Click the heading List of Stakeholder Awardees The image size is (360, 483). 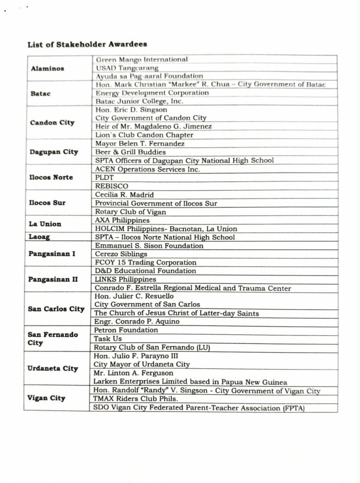(87, 44)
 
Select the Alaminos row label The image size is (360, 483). (47, 68)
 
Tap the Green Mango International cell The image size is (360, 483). (141, 59)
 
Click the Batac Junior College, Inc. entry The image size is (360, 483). (139, 101)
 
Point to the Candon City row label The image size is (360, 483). (52, 123)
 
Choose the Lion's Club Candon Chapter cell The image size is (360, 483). (138, 135)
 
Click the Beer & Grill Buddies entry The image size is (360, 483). (131, 152)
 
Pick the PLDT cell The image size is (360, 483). (104, 178)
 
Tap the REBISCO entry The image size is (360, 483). (111, 186)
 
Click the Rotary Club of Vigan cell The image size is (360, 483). (131, 212)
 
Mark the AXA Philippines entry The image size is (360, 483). (122, 220)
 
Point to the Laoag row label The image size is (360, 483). (39, 237)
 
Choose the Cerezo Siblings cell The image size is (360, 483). (121, 254)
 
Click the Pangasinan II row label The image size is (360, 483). (53, 279)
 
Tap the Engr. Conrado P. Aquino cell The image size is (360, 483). (137, 322)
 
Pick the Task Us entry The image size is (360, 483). (108, 339)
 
